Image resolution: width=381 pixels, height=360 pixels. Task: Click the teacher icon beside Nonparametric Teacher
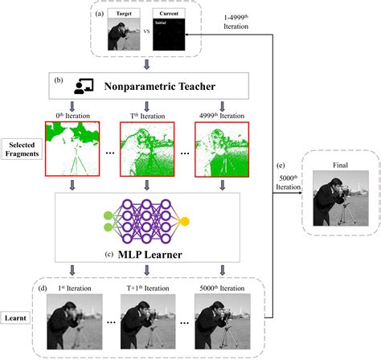(84, 86)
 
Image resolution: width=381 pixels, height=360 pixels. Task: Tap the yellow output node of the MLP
(185, 222)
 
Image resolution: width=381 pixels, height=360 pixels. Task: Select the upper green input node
(108, 215)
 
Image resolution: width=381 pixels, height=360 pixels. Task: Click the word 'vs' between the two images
(146, 31)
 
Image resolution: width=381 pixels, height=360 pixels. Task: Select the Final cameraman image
(341, 198)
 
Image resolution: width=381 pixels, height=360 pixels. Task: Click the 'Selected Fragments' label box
(22, 149)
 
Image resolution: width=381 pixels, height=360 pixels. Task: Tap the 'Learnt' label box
(15, 318)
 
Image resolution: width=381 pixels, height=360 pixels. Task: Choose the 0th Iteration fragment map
(72, 149)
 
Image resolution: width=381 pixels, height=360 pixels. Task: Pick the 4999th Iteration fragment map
(222, 149)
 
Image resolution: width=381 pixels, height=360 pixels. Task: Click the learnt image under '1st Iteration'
(75, 321)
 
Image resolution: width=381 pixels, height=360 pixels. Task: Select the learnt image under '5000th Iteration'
(223, 321)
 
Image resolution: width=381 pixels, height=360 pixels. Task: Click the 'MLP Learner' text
(150, 255)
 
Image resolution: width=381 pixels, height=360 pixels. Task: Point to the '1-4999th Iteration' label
(236, 22)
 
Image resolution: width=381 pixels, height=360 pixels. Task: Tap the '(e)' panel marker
(281, 166)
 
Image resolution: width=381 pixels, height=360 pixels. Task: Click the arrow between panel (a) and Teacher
(146, 65)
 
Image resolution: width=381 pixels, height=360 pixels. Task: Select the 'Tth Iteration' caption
(147, 116)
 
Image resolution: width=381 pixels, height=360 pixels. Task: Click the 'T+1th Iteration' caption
(148, 288)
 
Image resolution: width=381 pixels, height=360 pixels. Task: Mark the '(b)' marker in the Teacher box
(59, 80)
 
